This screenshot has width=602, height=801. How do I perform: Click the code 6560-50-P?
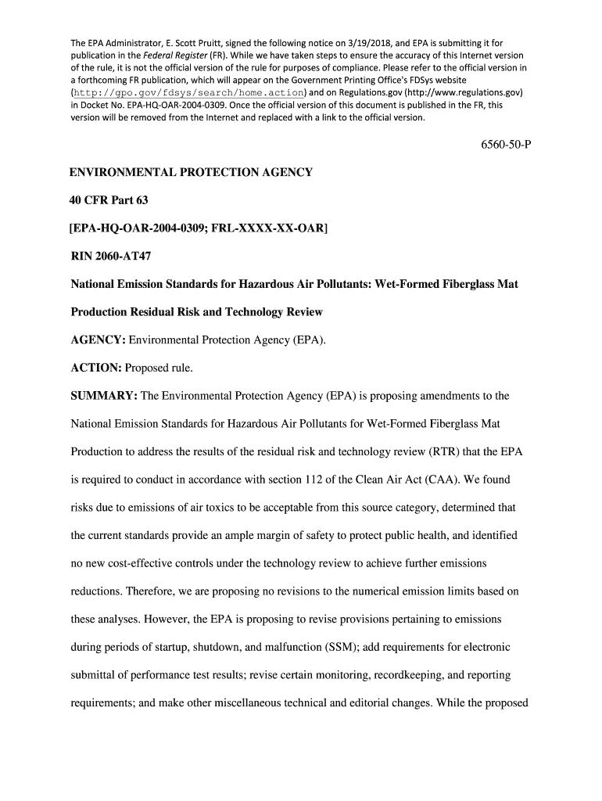pyautogui.click(x=501, y=145)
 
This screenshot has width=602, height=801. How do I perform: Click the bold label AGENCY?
pyautogui.click(x=98, y=339)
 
